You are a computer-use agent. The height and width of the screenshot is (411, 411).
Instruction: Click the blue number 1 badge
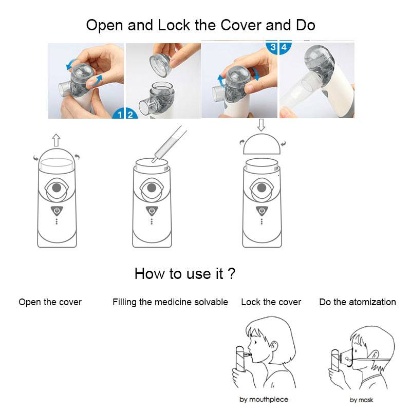tap(119, 114)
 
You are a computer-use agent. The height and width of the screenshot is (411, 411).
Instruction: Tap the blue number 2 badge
tap(131, 114)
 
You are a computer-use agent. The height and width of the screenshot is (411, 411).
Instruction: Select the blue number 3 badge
tap(272, 47)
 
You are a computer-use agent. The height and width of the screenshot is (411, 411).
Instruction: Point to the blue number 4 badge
tap(285, 47)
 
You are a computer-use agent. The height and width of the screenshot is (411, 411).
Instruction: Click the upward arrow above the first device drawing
tap(56, 140)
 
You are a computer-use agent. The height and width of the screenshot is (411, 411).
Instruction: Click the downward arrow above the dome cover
tap(261, 125)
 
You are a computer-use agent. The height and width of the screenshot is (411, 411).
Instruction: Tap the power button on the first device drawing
tap(57, 211)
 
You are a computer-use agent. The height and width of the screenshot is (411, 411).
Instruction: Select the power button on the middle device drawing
tap(152, 211)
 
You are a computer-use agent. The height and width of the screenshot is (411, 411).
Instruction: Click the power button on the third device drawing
tap(261, 211)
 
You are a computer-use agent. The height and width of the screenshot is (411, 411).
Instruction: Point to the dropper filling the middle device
tap(169, 144)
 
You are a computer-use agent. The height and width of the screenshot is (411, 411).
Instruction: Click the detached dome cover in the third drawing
tap(262, 144)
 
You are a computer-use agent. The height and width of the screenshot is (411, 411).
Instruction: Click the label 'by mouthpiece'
tap(264, 400)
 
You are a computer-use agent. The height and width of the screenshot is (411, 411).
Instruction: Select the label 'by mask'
tap(362, 400)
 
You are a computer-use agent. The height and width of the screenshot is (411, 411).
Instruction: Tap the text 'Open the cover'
tap(50, 302)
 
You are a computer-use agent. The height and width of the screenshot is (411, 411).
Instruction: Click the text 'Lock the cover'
tap(271, 302)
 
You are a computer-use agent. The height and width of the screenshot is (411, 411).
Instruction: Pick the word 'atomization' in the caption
tap(372, 302)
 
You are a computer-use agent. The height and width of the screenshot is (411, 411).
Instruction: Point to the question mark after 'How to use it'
tap(231, 273)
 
